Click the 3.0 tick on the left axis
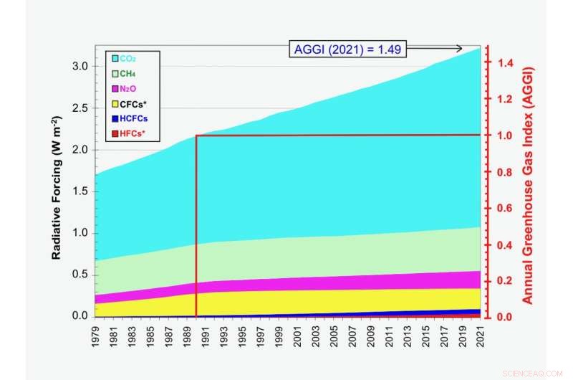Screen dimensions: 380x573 (80, 67)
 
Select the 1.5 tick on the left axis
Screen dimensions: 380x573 (80, 191)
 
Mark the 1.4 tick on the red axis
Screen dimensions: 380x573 (506, 63)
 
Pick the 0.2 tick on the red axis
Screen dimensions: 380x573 (506, 281)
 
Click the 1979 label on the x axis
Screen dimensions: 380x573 (96, 338)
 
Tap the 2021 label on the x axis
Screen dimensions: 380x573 (480, 338)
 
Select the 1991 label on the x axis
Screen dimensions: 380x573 (206, 338)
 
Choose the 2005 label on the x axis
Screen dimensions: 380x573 (334, 338)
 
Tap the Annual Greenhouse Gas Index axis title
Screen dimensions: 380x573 (529, 185)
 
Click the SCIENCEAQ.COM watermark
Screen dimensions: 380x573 (534, 372)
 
